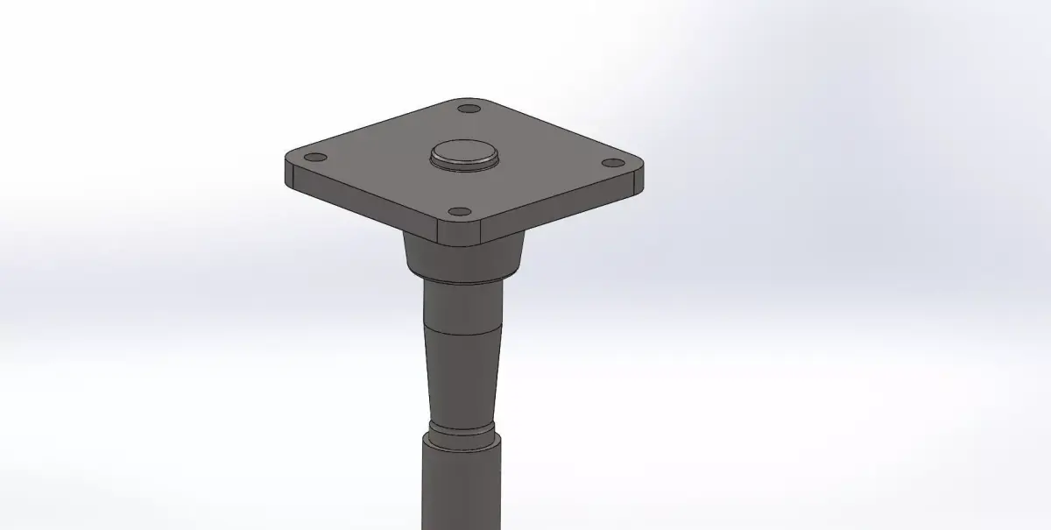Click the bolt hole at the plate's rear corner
[x=469, y=110]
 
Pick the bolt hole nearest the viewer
[x=458, y=212]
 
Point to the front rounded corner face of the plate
[x=461, y=232]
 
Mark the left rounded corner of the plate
[x=290, y=172]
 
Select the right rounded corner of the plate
[x=639, y=178]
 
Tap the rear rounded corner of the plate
[x=474, y=100]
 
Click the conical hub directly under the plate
[x=464, y=256]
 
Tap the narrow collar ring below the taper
[x=462, y=433]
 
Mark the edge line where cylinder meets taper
[x=462, y=334]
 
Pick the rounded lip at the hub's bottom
[x=464, y=279]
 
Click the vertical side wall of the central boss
[x=464, y=164]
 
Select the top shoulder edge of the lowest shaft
[x=462, y=444]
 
